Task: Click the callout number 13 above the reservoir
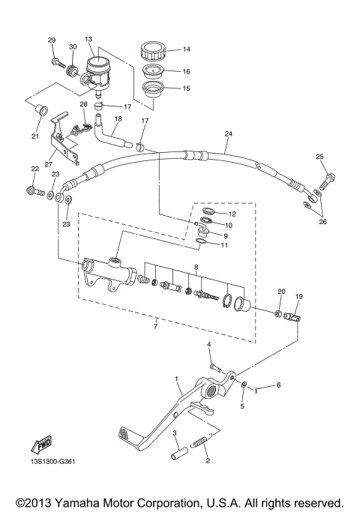[x=88, y=38]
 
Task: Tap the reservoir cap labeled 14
[x=152, y=53]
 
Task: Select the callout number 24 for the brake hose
[x=228, y=134]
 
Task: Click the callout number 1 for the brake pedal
[x=177, y=380]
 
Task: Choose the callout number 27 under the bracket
[x=49, y=164]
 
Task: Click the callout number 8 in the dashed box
[x=196, y=266]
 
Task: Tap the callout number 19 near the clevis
[x=298, y=297]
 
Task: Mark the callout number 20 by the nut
[x=281, y=291]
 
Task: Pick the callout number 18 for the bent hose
[x=118, y=118]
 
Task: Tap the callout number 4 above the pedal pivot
[x=209, y=344]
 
